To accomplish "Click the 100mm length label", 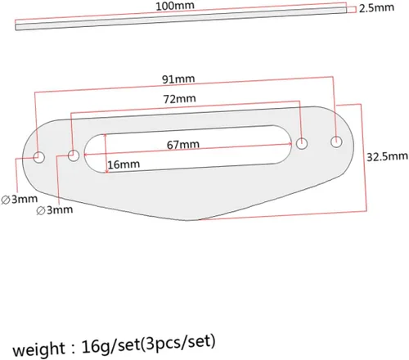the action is (x=175, y=6).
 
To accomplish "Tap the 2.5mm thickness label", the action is (x=376, y=8).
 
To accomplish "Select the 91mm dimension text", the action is (x=178, y=79).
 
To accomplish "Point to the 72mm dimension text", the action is (x=180, y=99).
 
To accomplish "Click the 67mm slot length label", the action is (x=183, y=145).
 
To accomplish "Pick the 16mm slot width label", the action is (x=124, y=164).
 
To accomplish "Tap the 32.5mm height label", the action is (x=387, y=156).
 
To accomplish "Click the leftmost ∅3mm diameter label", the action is (x=20, y=200).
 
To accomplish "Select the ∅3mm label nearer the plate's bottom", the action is (x=55, y=210).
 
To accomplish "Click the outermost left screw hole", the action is (x=39, y=157).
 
